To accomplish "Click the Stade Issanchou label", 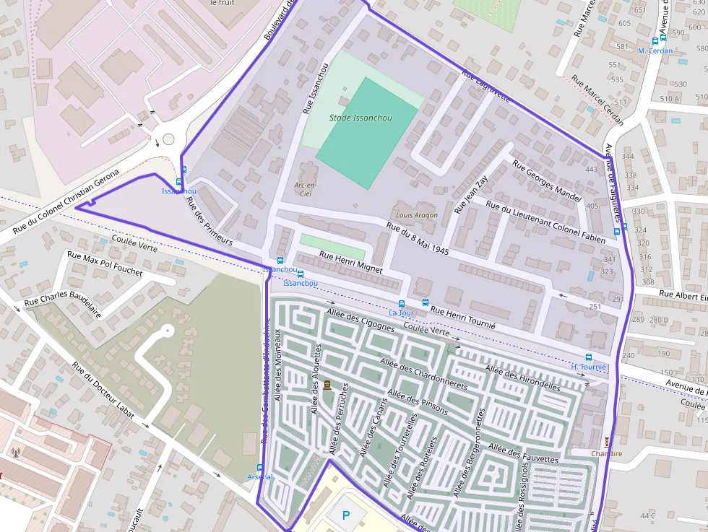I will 361,118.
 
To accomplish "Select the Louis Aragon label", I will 417,215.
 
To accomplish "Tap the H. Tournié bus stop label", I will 588,367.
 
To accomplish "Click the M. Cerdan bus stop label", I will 655,51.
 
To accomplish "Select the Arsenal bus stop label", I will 260,477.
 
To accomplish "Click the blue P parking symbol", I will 346,516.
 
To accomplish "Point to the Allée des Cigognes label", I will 361,318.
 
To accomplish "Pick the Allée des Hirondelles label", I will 522,378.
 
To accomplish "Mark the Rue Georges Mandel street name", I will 546,180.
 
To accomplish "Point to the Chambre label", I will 606,454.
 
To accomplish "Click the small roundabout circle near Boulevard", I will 168,139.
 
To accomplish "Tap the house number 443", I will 592,170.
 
